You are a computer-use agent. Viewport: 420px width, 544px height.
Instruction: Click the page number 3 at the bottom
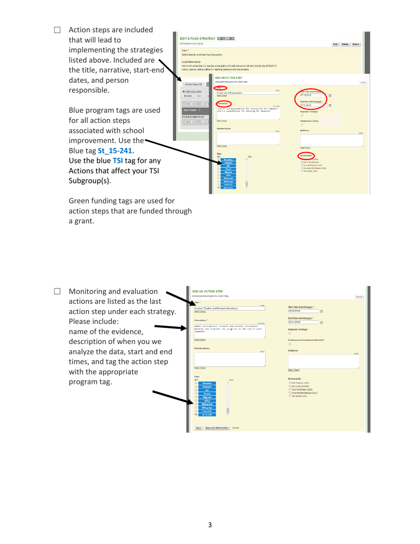click(x=210, y=525)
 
